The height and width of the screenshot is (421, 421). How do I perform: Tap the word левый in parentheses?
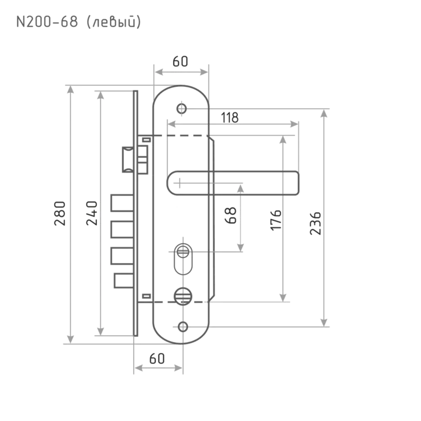click(x=114, y=22)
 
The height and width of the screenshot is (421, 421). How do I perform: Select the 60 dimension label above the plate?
click(x=180, y=61)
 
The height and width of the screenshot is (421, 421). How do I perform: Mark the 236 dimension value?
click(x=316, y=223)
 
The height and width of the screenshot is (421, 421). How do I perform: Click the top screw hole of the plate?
click(x=182, y=108)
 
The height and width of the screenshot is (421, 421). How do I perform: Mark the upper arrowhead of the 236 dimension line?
click(x=324, y=115)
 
